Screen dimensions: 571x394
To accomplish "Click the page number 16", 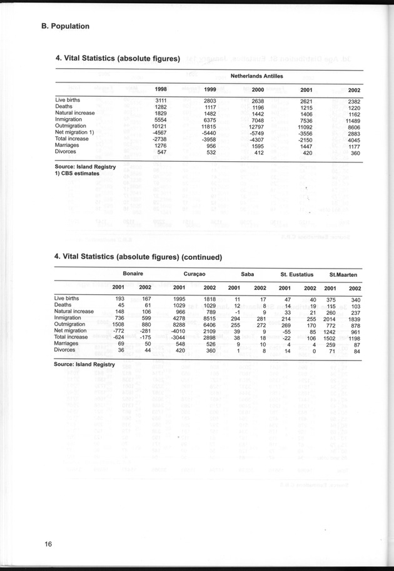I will click(x=48, y=544).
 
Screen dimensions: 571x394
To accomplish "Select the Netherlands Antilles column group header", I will click(x=256, y=76).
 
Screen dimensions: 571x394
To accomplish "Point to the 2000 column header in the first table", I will click(x=257, y=90).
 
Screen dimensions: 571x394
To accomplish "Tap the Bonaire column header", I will click(x=133, y=274).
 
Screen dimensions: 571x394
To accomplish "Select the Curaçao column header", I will click(x=195, y=274).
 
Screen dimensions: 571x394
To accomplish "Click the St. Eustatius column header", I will click(x=296, y=274).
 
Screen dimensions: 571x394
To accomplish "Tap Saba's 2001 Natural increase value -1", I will click(x=236, y=311).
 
